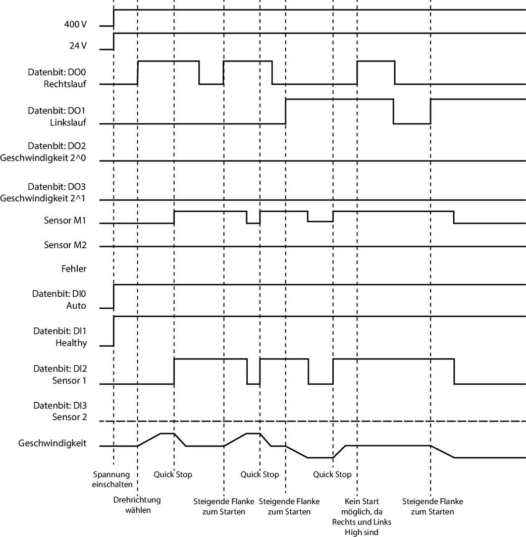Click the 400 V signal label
(x=76, y=24)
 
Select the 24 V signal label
(x=78, y=46)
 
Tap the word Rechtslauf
(x=65, y=84)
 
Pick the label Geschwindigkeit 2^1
(x=44, y=198)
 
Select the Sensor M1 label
(x=65, y=220)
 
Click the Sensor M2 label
(x=65, y=245)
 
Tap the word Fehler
(x=74, y=269)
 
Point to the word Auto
(x=76, y=306)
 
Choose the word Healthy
(x=72, y=343)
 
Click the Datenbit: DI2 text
(x=60, y=369)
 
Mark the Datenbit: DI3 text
(x=60, y=405)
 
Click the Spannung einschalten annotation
(x=112, y=479)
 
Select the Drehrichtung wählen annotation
(x=137, y=504)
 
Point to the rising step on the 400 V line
(x=114, y=17)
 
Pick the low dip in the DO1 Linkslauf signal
(x=412, y=123)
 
